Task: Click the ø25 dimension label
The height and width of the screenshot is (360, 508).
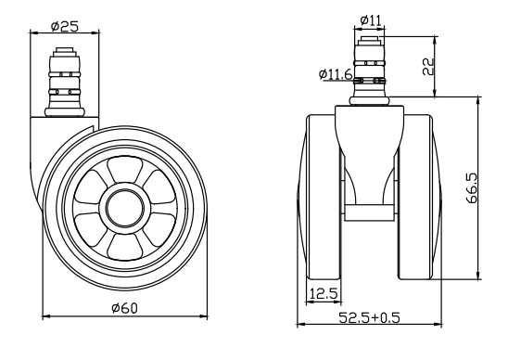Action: [65, 26]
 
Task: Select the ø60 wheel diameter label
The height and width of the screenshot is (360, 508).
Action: [124, 308]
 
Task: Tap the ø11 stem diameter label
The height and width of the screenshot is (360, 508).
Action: [372, 20]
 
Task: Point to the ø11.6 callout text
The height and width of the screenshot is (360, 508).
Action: [336, 74]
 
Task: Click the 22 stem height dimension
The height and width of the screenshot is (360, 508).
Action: [428, 67]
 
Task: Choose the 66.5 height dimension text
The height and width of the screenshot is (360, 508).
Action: [472, 188]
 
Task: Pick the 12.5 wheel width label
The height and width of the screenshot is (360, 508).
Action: [324, 294]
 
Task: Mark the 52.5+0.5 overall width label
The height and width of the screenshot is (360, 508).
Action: [369, 317]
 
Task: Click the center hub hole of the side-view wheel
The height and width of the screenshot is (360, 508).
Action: [125, 208]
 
